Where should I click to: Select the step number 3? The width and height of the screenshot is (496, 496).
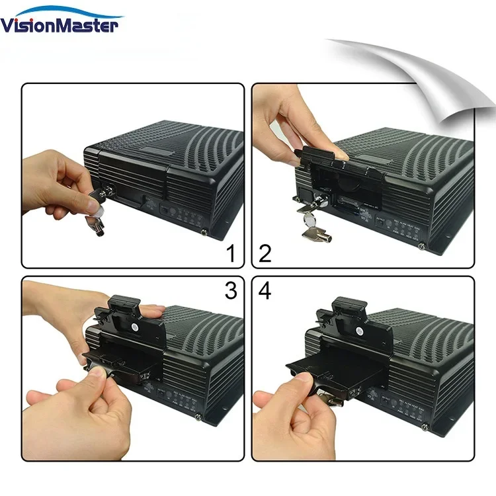tap(229, 291)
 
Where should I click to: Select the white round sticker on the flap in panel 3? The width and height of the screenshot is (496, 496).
tap(135, 326)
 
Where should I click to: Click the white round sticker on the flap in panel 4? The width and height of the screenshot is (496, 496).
tap(358, 327)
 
